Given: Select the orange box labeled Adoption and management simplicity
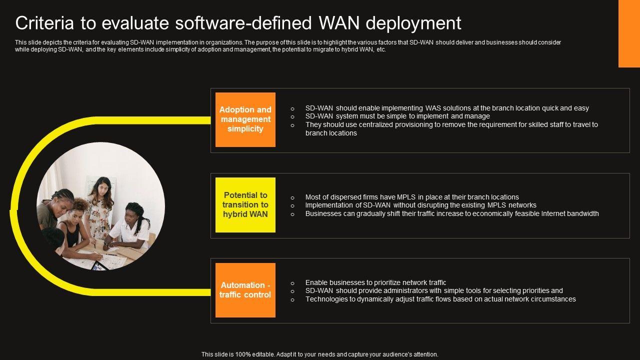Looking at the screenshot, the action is point(245,119).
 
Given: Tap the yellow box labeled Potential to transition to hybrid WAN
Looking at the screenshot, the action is point(245,205).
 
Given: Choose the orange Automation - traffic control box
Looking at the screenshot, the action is point(245,290).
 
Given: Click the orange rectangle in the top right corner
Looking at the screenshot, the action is point(629,33).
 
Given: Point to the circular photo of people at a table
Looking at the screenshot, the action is point(100,206).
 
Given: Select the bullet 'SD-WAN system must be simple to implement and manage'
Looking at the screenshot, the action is point(397,116).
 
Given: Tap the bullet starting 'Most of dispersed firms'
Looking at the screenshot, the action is point(412,197).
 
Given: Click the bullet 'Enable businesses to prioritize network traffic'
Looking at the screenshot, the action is point(375,282).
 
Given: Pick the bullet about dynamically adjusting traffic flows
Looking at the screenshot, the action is point(440,299).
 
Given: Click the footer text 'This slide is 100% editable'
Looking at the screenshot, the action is point(319,354).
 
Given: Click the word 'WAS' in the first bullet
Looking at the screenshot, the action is point(432,108).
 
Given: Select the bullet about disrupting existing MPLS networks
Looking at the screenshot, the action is point(420,205).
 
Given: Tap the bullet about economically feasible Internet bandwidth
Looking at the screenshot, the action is point(452,213).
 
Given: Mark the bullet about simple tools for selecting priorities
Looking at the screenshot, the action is point(434,290).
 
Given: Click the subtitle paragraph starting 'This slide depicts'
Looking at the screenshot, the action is point(287,46).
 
